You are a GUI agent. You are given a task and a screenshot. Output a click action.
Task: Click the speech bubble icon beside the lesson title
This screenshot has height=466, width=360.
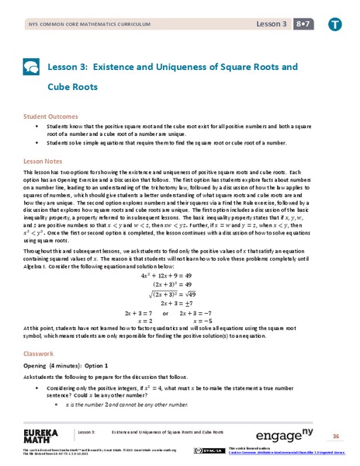point(33,67)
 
